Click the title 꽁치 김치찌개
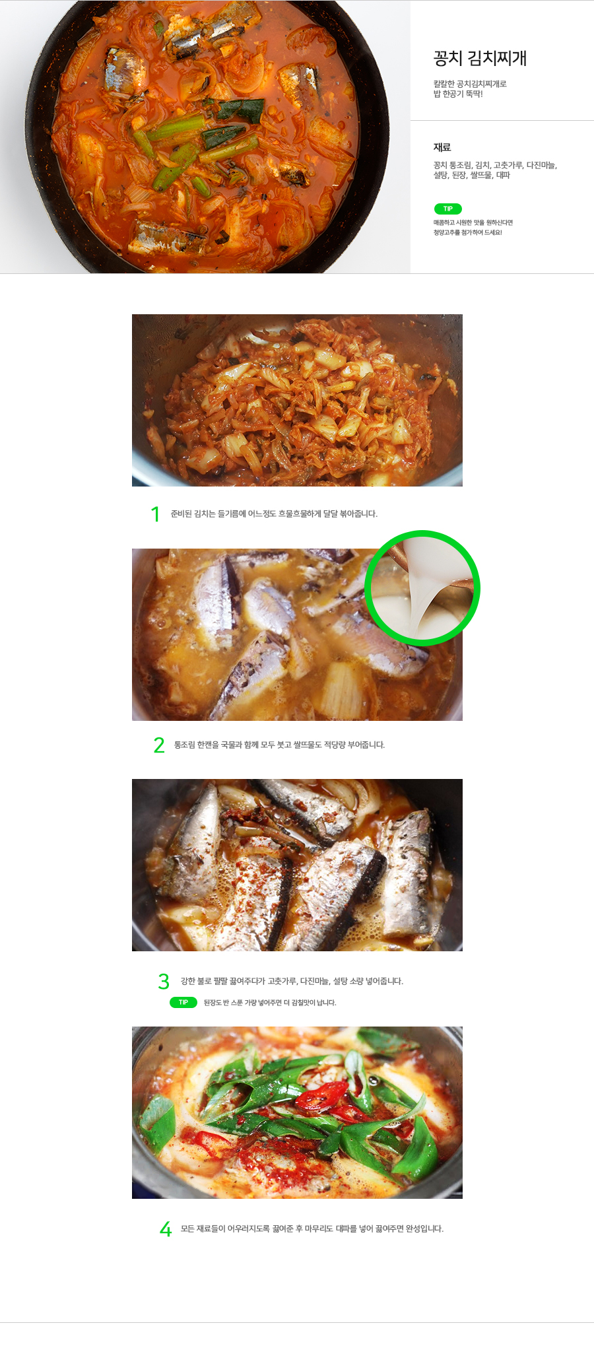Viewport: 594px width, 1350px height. point(480,58)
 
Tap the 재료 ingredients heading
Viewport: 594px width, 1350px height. point(442,147)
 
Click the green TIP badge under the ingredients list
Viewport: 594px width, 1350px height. point(447,209)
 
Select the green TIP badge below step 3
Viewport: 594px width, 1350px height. point(183,1002)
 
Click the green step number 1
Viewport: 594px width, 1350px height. point(155,514)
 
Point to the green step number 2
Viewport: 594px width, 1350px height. point(159,745)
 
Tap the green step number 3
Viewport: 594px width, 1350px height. point(164,982)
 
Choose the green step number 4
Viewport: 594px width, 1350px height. point(166,1229)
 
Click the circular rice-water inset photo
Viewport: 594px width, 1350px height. point(422,588)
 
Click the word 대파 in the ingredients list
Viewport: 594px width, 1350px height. point(503,176)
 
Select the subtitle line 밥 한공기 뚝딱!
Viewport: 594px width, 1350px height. point(458,94)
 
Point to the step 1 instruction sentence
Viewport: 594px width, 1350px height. point(274,514)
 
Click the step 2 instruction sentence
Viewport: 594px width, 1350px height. point(279,745)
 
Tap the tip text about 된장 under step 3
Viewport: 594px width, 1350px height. point(270,1003)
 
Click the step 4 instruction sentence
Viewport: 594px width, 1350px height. point(312,1229)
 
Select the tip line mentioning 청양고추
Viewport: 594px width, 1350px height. point(467,232)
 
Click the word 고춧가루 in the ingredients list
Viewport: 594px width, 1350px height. point(508,165)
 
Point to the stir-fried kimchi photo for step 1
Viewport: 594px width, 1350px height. point(297,400)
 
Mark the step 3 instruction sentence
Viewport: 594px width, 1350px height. point(292,981)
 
